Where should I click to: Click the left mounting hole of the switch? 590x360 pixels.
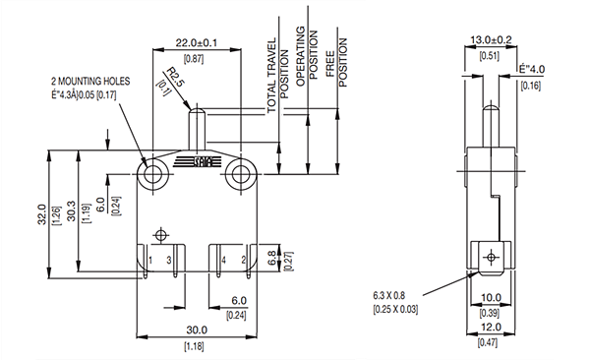click(152, 175)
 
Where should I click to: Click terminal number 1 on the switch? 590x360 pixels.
click(149, 260)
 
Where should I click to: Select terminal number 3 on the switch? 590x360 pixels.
click(169, 260)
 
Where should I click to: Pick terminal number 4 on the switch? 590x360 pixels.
click(223, 260)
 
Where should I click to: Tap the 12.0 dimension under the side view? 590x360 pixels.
click(492, 328)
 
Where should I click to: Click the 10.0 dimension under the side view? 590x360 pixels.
click(492, 297)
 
